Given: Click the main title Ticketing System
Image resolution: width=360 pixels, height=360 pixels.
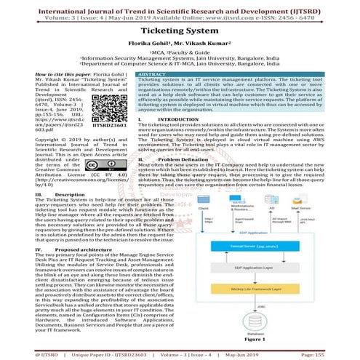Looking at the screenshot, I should [180, 33].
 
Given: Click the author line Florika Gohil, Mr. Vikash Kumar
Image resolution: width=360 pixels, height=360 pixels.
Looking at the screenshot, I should [180, 44].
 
